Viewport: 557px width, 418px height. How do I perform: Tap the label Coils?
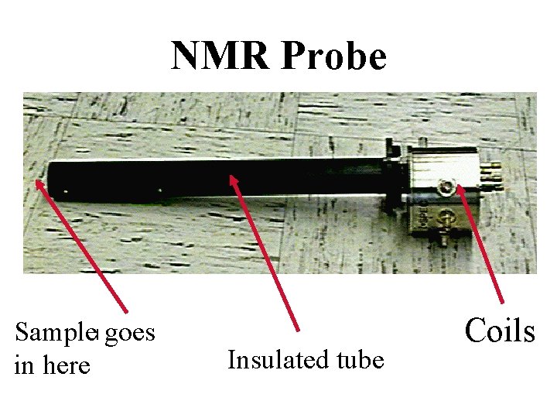[500, 331]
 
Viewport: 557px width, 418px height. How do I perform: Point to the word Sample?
[52, 334]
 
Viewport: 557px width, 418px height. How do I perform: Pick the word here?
[67, 365]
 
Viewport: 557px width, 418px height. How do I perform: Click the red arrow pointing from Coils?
[482, 243]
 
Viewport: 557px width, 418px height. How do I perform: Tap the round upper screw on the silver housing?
[446, 187]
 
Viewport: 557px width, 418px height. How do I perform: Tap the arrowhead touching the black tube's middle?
[233, 181]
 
